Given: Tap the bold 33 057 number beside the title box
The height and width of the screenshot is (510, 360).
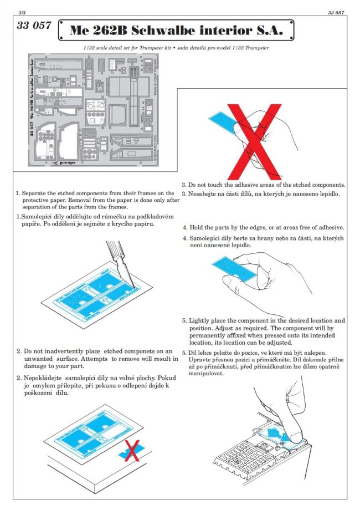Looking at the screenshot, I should click(34, 26).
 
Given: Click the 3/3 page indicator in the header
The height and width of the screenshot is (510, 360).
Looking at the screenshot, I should click(22, 11).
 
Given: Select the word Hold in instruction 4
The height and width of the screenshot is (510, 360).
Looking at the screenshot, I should click(197, 228).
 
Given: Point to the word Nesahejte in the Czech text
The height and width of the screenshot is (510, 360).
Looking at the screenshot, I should click(203, 194).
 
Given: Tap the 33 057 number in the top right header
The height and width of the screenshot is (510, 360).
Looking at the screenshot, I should click(336, 11).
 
